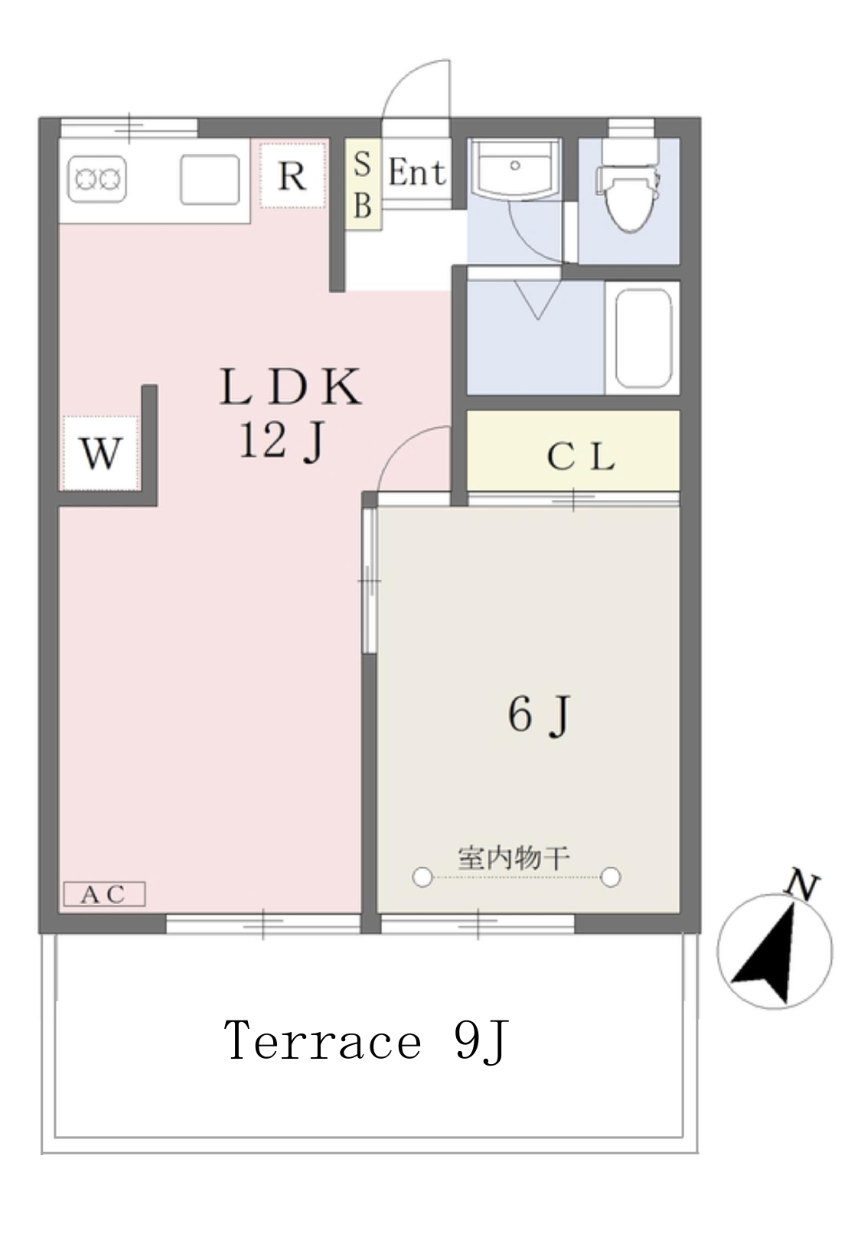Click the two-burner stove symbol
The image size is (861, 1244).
pyautogui.click(x=96, y=179)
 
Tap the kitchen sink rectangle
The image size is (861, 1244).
pyautogui.click(x=210, y=179)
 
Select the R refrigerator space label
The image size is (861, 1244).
pyautogui.click(x=292, y=176)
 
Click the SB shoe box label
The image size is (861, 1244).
pyautogui.click(x=362, y=184)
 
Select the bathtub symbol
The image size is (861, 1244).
pyautogui.click(x=644, y=338)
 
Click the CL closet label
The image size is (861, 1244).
pyautogui.click(x=581, y=458)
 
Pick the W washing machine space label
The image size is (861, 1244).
pyautogui.click(x=100, y=454)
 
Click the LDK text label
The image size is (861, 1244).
pyautogui.click(x=291, y=387)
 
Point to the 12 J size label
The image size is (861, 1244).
pyautogui.click(x=282, y=440)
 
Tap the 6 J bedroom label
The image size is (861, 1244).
pyautogui.click(x=539, y=716)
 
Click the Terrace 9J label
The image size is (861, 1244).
pyautogui.click(x=366, y=1041)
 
